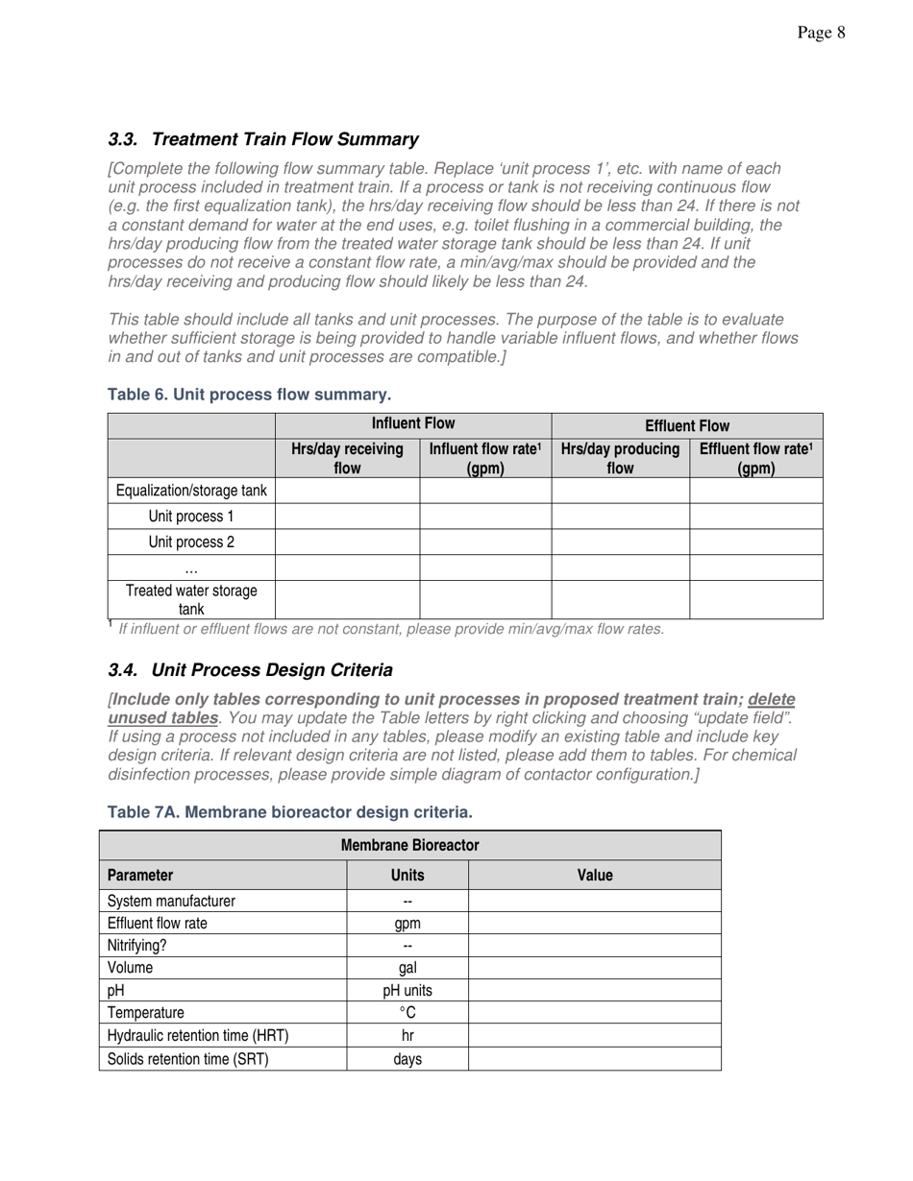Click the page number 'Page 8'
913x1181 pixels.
821,34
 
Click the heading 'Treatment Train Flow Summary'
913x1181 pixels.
284,139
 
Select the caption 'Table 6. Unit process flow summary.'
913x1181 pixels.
249,395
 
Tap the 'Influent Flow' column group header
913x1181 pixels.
413,423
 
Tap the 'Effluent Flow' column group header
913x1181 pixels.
686,425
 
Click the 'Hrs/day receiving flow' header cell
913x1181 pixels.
347,458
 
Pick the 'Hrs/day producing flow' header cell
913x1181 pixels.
620,458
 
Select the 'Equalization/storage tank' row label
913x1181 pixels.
191,491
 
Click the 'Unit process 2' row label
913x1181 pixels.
191,542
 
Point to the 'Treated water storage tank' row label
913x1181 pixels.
191,599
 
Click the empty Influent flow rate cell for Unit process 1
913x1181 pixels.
485,517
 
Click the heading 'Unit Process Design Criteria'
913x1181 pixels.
272,669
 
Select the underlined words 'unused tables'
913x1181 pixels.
163,718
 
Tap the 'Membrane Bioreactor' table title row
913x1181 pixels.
409,846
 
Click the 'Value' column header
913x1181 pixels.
594,875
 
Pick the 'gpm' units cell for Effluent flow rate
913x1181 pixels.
407,924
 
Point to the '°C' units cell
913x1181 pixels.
407,1012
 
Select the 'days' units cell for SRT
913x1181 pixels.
407,1059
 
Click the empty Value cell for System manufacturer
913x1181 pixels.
594,901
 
